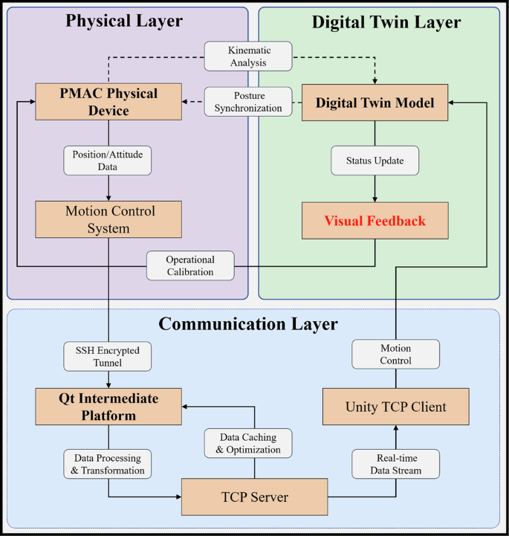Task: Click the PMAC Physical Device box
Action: point(108,103)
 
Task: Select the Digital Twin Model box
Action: point(375,103)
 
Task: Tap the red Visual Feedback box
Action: point(375,220)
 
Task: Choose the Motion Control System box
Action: point(108,220)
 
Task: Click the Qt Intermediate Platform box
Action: point(108,407)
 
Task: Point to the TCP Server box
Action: point(254,497)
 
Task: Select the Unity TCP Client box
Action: point(395,407)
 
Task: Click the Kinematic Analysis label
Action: point(249,56)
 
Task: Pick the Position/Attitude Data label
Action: point(108,159)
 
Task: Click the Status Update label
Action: point(375,160)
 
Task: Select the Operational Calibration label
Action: point(189,265)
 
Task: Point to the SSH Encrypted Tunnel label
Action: point(108,356)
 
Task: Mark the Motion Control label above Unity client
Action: point(395,354)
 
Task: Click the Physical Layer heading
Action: point(124,21)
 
